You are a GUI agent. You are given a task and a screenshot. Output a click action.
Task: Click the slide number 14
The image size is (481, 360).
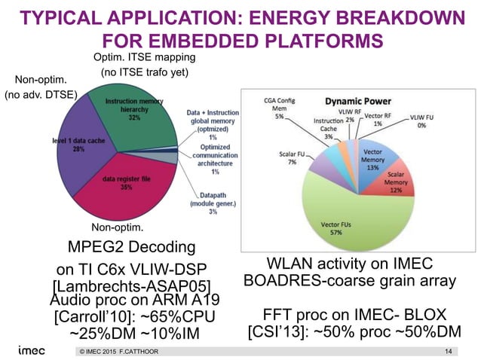tap(450, 352)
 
